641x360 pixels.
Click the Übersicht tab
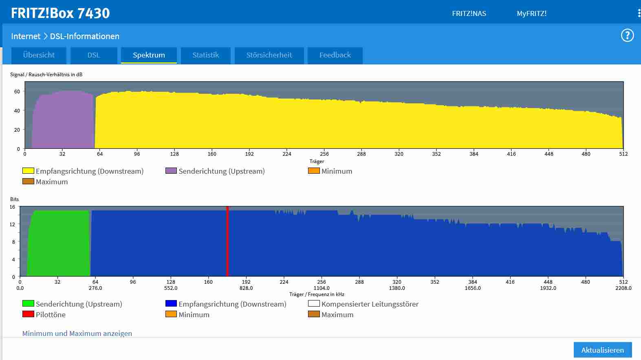coord(39,55)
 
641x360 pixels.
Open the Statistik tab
coord(205,55)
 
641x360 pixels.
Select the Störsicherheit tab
coord(269,55)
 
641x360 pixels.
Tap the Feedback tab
coord(335,55)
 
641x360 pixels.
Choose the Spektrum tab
coord(149,55)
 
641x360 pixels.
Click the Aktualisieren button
coord(602,350)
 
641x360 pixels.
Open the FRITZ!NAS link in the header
coord(469,13)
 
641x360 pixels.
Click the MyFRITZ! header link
coord(531,13)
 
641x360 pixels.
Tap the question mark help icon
coord(627,35)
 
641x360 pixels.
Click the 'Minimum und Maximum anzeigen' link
coord(77,333)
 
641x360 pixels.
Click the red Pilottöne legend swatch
coord(28,314)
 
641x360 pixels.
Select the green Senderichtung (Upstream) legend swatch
coord(28,303)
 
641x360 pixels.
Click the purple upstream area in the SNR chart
coord(63,120)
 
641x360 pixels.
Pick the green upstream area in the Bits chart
coord(59,245)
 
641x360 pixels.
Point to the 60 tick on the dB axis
coord(17,92)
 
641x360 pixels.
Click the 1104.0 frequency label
coord(322,288)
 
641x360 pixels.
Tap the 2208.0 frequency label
coord(623,288)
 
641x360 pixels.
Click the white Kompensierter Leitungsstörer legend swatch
coord(314,303)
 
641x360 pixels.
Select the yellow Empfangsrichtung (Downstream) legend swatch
coord(28,170)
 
